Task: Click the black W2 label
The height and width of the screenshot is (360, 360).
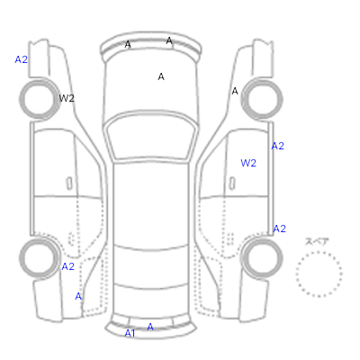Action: (67, 98)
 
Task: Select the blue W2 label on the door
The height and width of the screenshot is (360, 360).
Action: (248, 163)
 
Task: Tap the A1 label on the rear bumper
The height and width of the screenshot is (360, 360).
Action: (130, 333)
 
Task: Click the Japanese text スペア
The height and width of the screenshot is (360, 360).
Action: (317, 241)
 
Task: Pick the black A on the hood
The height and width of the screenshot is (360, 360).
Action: (161, 76)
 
